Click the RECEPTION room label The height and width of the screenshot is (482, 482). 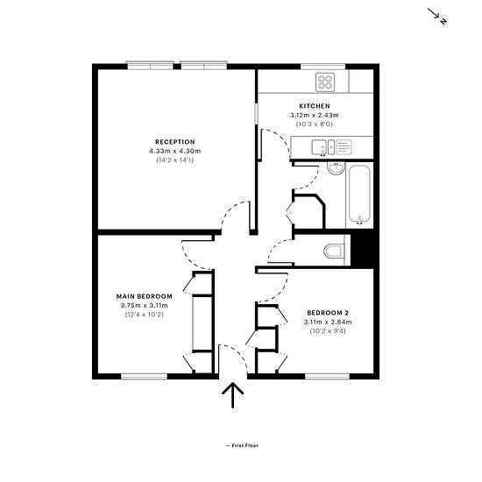tap(175, 142)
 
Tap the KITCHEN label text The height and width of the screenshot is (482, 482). tap(315, 106)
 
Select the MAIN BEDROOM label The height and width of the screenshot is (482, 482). tap(145, 296)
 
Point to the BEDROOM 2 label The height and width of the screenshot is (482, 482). tap(328, 313)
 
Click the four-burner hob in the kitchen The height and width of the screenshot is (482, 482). tap(325, 82)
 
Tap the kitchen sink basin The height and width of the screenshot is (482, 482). tap(319, 147)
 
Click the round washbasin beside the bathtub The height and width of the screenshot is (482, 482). tap(336, 168)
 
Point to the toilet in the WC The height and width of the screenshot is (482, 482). tap(333, 252)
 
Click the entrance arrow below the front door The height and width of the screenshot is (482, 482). tap(233, 395)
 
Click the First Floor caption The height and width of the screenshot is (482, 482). tap(242, 445)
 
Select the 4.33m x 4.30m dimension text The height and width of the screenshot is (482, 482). tap(175, 152)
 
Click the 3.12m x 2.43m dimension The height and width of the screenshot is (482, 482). tap(315, 116)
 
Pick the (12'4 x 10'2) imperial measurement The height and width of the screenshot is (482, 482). tap(145, 315)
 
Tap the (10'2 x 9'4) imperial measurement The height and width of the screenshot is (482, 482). tap(328, 331)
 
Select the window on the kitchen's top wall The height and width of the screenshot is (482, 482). tap(323, 67)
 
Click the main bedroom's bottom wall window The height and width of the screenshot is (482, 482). tap(145, 376)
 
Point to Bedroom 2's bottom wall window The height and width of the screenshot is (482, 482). tap(328, 376)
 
